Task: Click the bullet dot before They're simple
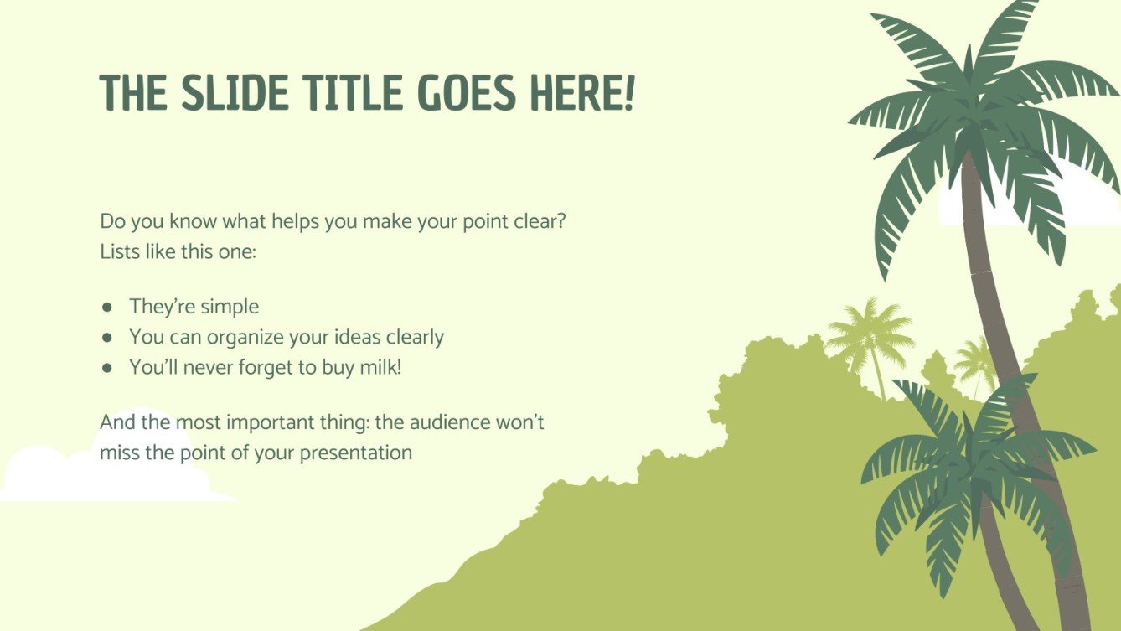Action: [x=107, y=307]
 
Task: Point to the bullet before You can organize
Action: [x=107, y=337]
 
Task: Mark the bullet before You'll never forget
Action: [x=107, y=367]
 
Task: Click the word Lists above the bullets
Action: [x=116, y=251]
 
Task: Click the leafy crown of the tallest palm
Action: [x=980, y=109]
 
